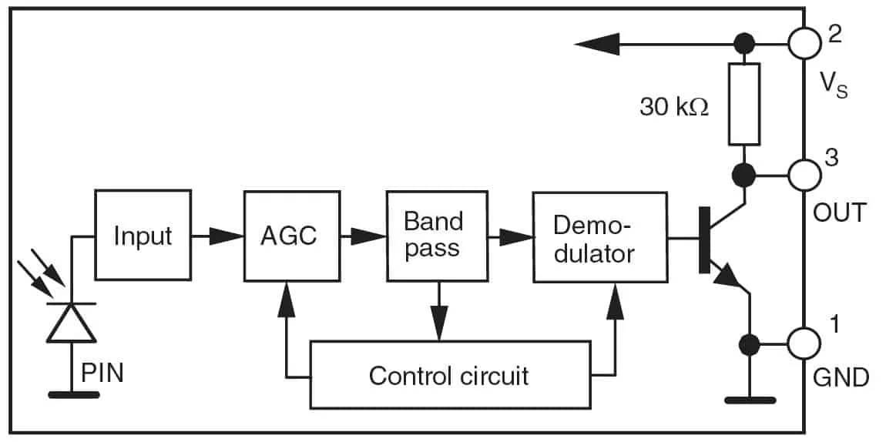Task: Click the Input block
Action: pos(142,234)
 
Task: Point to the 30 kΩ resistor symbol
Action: pos(743,105)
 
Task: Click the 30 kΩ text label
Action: pos(673,106)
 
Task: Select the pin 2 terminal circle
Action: pos(804,43)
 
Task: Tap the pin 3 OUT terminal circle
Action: pos(804,174)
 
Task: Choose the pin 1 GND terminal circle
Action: pos(804,343)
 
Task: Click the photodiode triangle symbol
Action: pos(72,323)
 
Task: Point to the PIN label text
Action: pos(102,375)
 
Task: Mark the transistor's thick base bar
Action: pos(704,239)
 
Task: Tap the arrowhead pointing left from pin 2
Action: pos(598,44)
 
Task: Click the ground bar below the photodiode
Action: pos(73,395)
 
